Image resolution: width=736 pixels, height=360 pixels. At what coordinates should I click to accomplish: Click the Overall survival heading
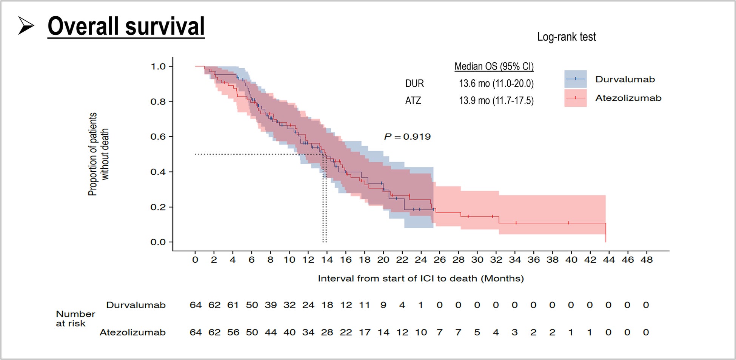click(x=126, y=26)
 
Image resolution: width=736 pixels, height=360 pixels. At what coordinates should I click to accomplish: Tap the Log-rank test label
click(x=566, y=37)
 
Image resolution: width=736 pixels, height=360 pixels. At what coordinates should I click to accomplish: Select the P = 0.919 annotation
click(x=407, y=137)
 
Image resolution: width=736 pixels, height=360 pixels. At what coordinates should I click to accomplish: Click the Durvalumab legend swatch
click(x=575, y=79)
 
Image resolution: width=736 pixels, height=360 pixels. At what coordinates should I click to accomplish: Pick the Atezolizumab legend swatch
click(x=575, y=98)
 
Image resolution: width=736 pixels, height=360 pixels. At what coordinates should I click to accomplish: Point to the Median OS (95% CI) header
click(x=494, y=66)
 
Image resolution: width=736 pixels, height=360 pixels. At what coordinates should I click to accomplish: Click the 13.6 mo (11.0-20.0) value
click(x=496, y=83)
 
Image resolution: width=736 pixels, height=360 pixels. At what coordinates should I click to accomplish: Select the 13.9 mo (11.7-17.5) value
click(x=496, y=101)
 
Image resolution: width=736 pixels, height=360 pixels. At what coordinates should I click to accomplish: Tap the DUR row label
click(x=414, y=83)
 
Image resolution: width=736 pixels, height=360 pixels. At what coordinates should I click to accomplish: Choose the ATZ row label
click(x=413, y=101)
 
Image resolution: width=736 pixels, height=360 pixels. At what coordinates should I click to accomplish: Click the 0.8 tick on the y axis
click(x=158, y=102)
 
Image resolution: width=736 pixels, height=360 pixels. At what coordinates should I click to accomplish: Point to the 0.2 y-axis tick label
click(x=158, y=207)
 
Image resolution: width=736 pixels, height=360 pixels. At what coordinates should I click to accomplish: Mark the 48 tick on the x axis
click(x=647, y=260)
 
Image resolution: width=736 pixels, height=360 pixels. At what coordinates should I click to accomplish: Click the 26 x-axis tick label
click(x=439, y=260)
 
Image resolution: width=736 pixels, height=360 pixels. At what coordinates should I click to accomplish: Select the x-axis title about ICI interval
click(x=420, y=278)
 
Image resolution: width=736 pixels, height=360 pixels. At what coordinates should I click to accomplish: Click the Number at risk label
click(x=75, y=318)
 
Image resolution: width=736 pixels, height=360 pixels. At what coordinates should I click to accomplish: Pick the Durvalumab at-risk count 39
click(x=271, y=305)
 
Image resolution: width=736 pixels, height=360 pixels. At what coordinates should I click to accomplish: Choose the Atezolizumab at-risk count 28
click(x=327, y=332)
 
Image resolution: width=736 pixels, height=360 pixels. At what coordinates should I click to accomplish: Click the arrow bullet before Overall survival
click(x=26, y=26)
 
